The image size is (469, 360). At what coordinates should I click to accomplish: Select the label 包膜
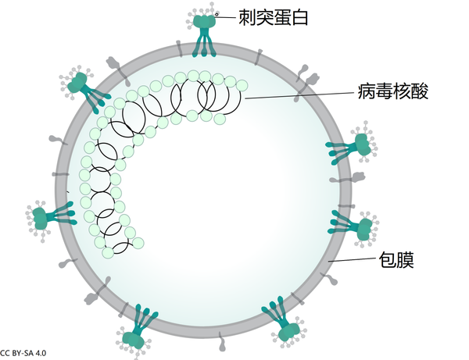pyautogui.click(x=396, y=259)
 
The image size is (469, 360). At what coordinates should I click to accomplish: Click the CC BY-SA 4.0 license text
pyautogui.click(x=23, y=354)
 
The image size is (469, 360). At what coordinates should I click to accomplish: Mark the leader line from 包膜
pyautogui.click(x=355, y=260)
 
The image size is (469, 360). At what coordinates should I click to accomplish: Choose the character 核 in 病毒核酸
pyautogui.click(x=405, y=92)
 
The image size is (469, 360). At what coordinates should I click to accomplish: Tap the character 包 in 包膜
pyautogui.click(x=387, y=259)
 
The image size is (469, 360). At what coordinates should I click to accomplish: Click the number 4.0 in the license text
pyautogui.click(x=41, y=354)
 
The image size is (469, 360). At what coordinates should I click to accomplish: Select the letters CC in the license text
pyautogui.click(x=5, y=354)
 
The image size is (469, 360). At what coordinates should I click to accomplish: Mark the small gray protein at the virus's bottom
pyautogui.click(x=224, y=341)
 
